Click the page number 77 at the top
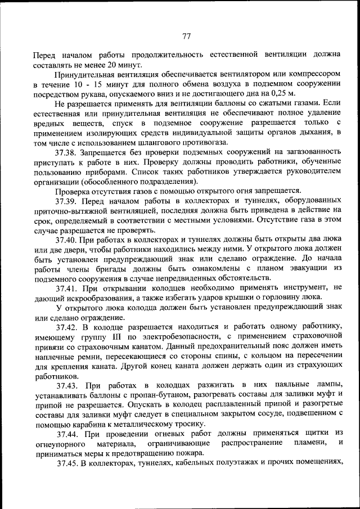pos(187,37)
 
